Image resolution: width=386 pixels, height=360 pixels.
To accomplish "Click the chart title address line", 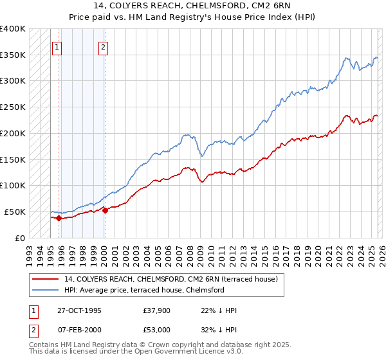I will [x=193, y=6].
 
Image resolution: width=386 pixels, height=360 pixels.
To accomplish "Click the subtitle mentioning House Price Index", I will [x=193, y=17].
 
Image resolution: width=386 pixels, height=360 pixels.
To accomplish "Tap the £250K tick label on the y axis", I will [x=12, y=107].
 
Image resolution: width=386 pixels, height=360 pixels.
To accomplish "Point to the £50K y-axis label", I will [x=15, y=212].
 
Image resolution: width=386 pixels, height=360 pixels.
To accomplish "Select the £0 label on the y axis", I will [x=21, y=238].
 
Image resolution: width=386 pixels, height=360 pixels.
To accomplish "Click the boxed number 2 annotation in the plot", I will [x=104, y=47].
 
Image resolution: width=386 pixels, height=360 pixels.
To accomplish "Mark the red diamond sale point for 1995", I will [x=59, y=218].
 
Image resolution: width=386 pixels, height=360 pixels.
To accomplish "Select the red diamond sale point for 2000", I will [x=104, y=210].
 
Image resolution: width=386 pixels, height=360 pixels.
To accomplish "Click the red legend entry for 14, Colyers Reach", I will [x=170, y=279].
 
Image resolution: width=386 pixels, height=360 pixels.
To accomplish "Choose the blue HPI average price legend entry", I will [x=143, y=290].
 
